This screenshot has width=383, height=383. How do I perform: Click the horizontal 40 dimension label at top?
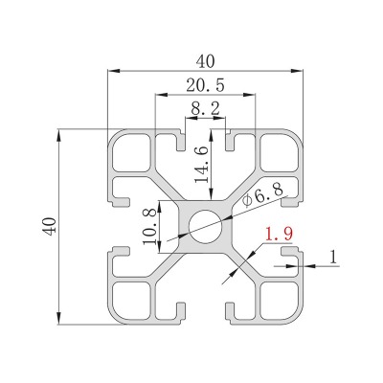(205, 61)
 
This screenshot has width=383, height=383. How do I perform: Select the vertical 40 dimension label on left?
(50, 227)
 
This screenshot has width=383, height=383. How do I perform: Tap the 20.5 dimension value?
(205, 85)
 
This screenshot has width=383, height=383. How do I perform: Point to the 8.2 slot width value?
(206, 109)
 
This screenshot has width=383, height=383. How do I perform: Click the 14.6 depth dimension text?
(202, 165)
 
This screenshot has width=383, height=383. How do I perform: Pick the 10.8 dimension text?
(149, 226)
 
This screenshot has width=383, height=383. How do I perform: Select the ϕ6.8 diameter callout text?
(262, 195)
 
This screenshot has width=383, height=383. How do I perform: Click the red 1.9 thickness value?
(279, 234)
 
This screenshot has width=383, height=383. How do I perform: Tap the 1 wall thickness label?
(333, 257)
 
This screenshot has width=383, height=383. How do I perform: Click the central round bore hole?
(205, 227)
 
